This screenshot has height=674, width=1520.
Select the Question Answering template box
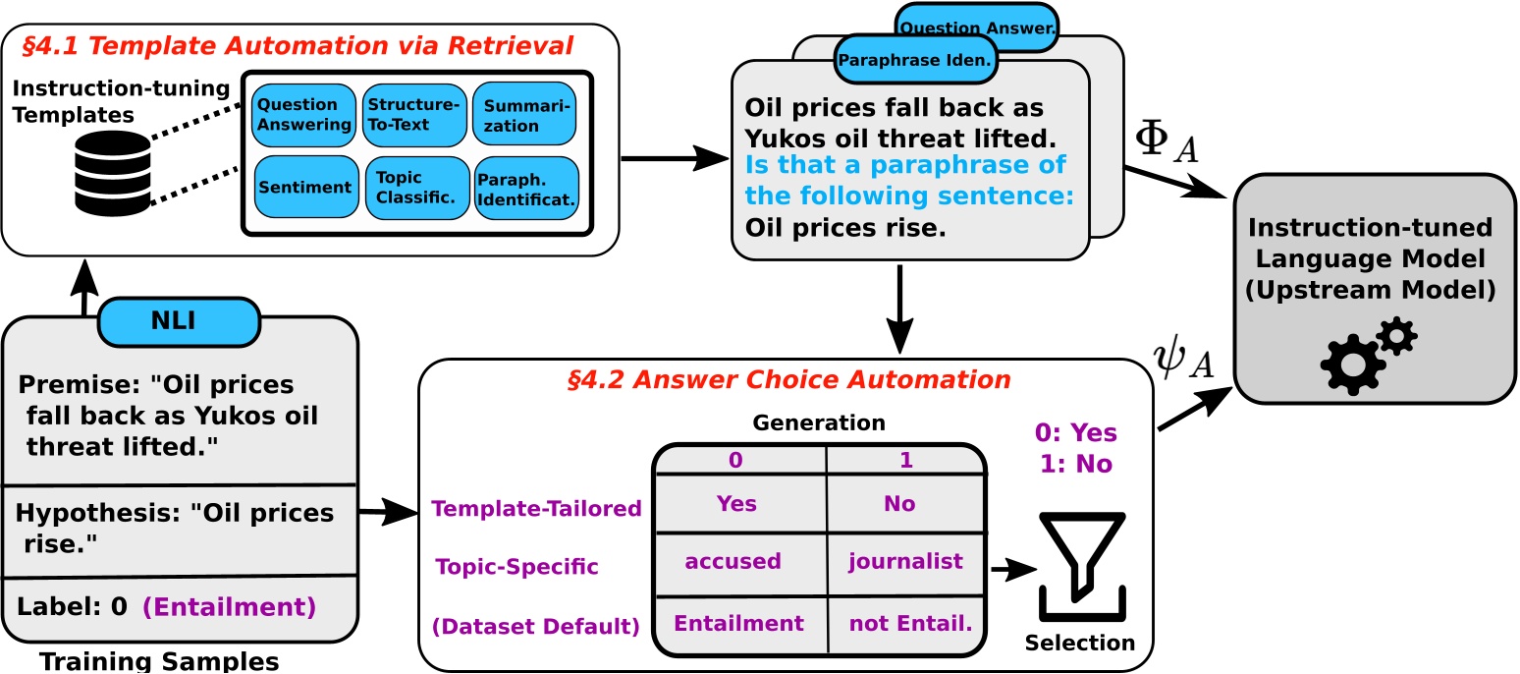(304, 115)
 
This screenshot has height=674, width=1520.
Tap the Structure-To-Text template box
(413, 115)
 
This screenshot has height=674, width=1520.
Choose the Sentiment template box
(305, 187)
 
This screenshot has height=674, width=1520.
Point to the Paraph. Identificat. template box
(526, 187)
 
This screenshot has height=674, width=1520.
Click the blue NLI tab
(180, 319)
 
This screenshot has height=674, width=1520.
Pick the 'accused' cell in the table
(733, 561)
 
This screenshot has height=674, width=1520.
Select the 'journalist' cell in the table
(905, 561)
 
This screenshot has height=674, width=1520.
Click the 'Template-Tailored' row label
(536, 508)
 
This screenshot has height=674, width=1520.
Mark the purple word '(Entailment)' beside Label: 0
(230, 607)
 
